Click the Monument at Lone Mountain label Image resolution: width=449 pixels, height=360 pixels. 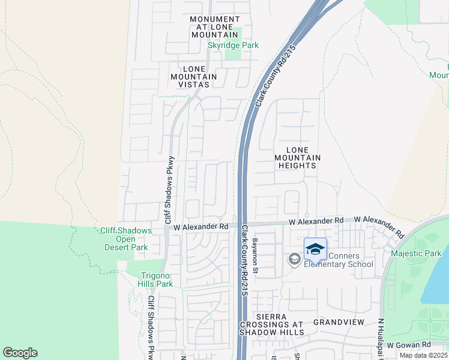pyautogui.click(x=214, y=27)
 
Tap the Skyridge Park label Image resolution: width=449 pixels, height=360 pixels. pyautogui.click(x=233, y=45)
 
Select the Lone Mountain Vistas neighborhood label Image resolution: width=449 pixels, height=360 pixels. pyautogui.click(x=193, y=76)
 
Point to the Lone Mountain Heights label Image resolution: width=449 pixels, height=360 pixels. pyautogui.click(x=298, y=157)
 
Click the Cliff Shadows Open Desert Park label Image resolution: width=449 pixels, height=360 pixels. pyautogui.click(x=124, y=239)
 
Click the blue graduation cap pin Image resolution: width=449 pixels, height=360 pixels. pyautogui.click(x=316, y=248)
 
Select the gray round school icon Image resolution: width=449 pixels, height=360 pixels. pyautogui.click(x=294, y=259)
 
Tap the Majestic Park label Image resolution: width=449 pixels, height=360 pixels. pyautogui.click(x=416, y=253)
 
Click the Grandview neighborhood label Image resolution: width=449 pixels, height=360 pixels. pyautogui.click(x=339, y=322)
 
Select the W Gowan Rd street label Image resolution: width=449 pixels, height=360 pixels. pyautogui.click(x=409, y=345)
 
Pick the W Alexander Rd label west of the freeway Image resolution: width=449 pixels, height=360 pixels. pyautogui.click(x=201, y=227)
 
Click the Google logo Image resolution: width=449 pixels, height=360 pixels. pyautogui.click(x=20, y=353)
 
